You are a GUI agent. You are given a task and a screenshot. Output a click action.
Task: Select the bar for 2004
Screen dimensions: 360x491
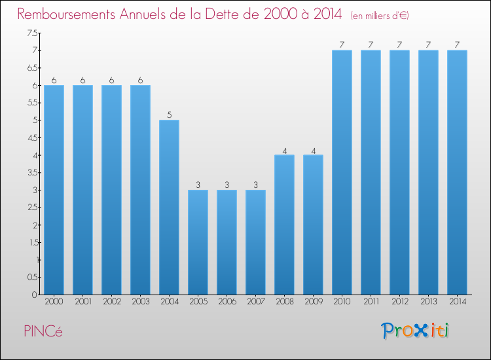click(169, 207)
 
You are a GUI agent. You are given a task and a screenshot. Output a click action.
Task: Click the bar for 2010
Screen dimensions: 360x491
click(342, 172)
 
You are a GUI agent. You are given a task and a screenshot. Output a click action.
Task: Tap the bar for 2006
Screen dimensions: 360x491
click(227, 242)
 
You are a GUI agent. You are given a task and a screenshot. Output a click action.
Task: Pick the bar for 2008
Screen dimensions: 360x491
click(284, 225)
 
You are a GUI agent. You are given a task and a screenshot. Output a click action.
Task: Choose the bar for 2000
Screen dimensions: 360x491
click(54, 190)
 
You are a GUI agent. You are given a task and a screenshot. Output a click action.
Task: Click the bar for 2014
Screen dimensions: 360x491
click(457, 172)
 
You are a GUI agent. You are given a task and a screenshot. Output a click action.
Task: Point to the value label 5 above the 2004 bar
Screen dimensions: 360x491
click(169, 115)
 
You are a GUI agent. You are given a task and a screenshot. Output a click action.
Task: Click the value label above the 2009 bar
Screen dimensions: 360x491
click(313, 151)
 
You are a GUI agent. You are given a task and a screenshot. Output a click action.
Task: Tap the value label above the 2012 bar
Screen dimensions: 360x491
click(399, 45)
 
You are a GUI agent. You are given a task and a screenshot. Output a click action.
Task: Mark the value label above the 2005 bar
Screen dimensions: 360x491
click(198, 185)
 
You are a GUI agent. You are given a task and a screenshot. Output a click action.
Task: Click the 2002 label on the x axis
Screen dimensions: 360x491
click(111, 302)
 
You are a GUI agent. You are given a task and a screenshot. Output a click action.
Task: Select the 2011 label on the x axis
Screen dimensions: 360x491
click(371, 302)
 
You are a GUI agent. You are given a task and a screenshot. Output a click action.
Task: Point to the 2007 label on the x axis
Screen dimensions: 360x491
click(255, 302)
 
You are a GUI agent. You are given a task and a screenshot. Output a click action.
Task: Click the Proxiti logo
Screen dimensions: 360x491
click(416, 331)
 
